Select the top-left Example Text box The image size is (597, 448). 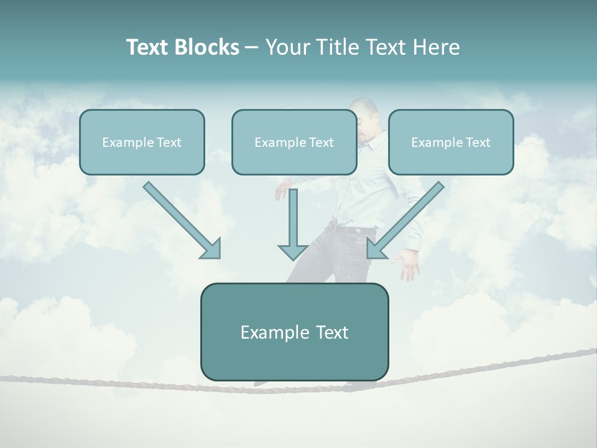[x=142, y=142]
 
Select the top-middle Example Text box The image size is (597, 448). [x=294, y=142]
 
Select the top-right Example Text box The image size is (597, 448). [x=451, y=142]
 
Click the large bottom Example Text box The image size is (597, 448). [x=294, y=332]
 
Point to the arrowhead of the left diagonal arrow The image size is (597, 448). [x=211, y=249]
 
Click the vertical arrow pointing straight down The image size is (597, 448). [x=293, y=224]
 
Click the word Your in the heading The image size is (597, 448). [x=287, y=47]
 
